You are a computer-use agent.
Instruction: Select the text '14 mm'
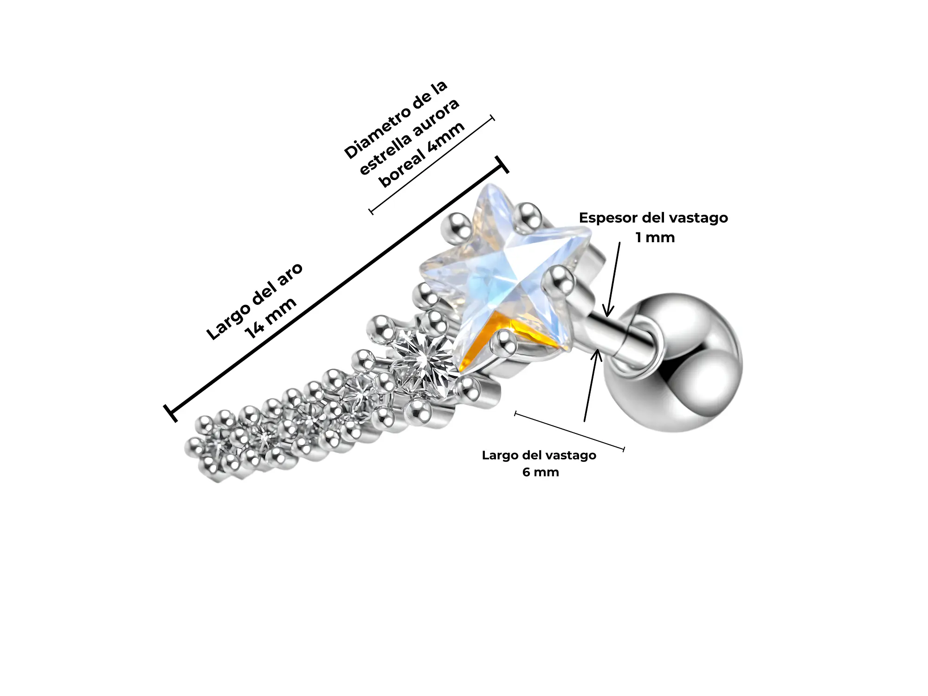(271, 318)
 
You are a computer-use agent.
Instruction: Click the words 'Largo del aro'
(254, 301)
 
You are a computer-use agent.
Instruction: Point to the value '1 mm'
(655, 238)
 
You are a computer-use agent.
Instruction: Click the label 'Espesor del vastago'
(653, 218)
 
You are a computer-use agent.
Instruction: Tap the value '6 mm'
(541, 472)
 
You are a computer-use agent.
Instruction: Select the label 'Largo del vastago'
(539, 455)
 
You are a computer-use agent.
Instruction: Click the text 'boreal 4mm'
(422, 155)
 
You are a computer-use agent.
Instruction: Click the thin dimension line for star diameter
(432, 165)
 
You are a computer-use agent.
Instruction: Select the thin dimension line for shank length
(570, 431)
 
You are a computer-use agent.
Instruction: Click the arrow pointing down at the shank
(613, 278)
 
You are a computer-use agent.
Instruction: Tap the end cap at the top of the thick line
(502, 165)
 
